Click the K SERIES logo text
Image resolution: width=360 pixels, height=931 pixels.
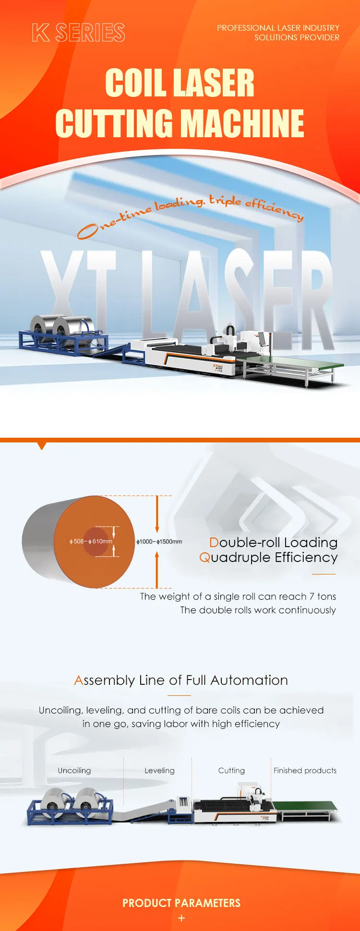tap(79, 33)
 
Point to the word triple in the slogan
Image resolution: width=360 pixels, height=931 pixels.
tap(225, 200)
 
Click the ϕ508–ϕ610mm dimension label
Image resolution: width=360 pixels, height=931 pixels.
tap(91, 541)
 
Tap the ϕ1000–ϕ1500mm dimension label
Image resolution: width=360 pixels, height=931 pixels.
tap(159, 541)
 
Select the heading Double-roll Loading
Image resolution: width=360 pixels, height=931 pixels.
tap(273, 542)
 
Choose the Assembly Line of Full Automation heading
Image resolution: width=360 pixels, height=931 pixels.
tap(181, 680)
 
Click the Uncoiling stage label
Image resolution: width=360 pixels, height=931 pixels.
tap(74, 770)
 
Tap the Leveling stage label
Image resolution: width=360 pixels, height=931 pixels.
tap(159, 770)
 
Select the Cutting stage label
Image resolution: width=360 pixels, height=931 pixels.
tap(231, 770)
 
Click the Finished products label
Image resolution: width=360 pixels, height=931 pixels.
tap(305, 770)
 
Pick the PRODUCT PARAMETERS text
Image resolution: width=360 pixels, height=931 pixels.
tap(181, 903)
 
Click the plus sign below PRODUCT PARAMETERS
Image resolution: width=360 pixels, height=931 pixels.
tap(181, 918)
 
